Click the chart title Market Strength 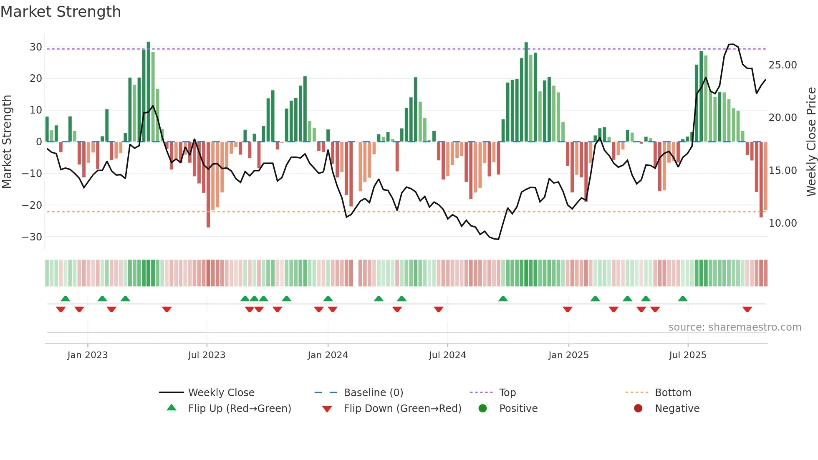61,12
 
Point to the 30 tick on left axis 36,47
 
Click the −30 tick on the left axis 32,237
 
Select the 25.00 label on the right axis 783,65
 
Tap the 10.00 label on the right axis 783,223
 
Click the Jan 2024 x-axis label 328,355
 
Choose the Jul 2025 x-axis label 687,355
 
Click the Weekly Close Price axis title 811,142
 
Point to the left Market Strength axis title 7,142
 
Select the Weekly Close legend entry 221,393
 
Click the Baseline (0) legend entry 373,393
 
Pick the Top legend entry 507,393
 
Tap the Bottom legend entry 673,393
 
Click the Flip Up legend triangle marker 172,408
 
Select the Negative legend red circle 638,408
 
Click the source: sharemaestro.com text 735,327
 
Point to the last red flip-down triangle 747,309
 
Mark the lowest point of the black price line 498,239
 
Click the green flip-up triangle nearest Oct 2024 503,298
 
